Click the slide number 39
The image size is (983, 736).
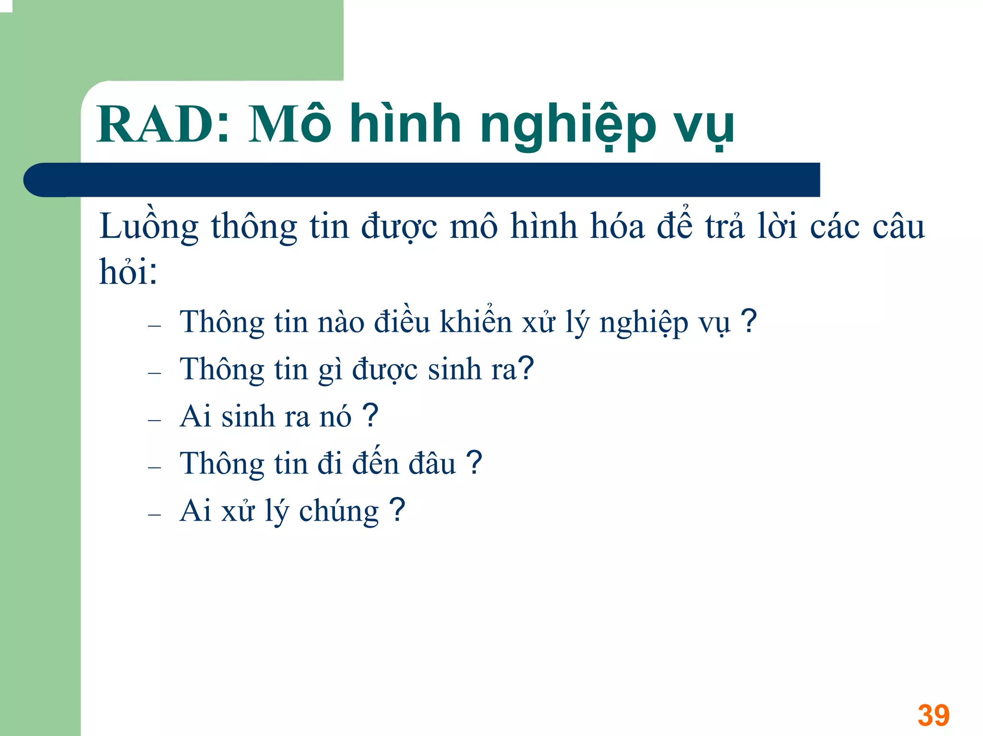coord(933,715)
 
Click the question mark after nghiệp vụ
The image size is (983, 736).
coord(749,321)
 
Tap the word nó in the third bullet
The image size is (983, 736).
coord(336,416)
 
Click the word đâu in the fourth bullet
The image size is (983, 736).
coord(432,464)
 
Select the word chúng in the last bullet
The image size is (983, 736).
coord(339,511)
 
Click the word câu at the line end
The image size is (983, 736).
coord(898,226)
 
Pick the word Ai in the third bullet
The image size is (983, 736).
coord(195,416)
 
